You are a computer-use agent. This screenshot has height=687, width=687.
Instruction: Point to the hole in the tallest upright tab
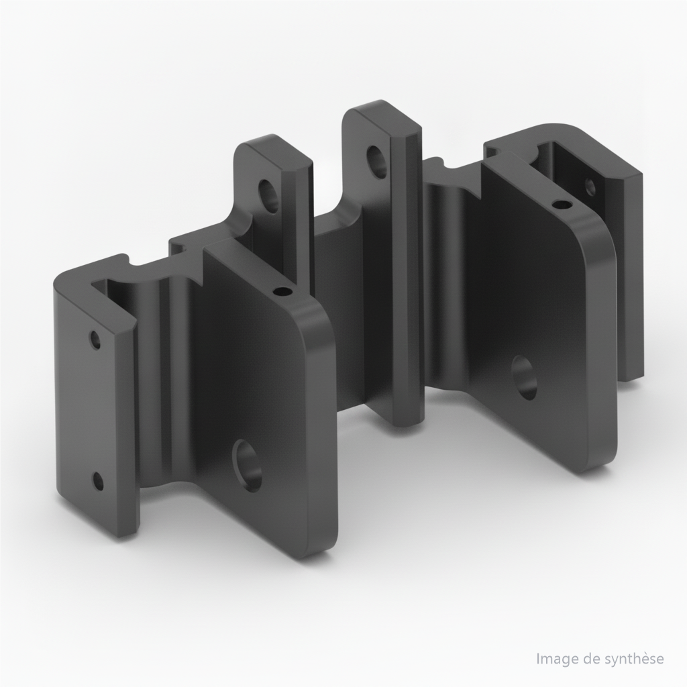point(377,162)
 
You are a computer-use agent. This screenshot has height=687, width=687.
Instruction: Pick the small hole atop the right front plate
point(562,204)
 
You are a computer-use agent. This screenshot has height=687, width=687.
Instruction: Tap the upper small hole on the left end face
point(95,339)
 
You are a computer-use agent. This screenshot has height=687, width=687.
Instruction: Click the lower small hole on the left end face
point(98,481)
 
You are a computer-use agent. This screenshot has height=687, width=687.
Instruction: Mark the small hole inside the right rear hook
point(590,187)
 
